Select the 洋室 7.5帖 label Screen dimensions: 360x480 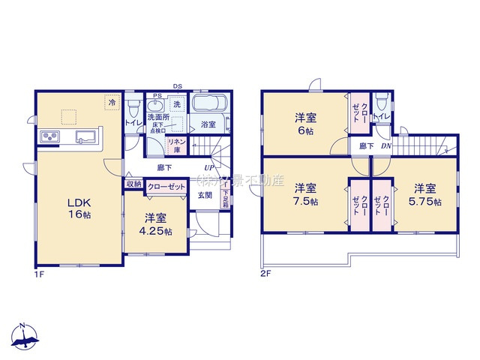pyautogui.click(x=305, y=194)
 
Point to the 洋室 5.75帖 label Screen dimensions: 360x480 pyautogui.click(x=425, y=194)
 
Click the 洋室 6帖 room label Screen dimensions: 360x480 pyautogui.click(x=304, y=122)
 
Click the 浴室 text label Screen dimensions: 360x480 pyautogui.click(x=208, y=124)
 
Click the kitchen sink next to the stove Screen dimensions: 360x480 pyautogui.click(x=82, y=136)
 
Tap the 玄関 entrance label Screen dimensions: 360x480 pyautogui.click(x=205, y=196)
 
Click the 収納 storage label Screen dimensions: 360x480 pyautogui.click(x=133, y=183)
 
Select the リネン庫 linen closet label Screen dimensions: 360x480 pyautogui.click(x=178, y=144)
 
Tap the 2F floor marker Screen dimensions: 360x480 pyautogui.click(x=265, y=274)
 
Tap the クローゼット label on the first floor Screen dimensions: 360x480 pyautogui.click(x=166, y=187)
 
